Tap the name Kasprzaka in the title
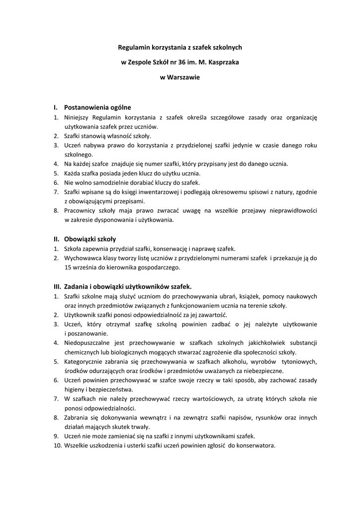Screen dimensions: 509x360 coord(223,63)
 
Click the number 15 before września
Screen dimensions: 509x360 coord(68,267)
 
